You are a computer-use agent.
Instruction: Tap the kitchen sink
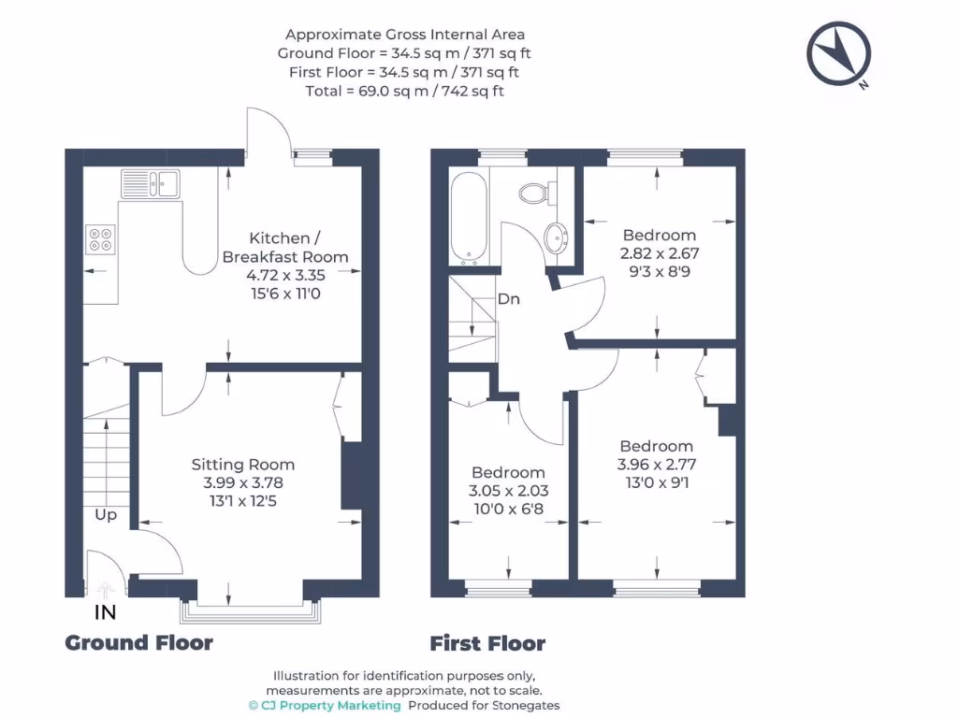click(x=151, y=183)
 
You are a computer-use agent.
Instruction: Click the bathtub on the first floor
click(x=466, y=216)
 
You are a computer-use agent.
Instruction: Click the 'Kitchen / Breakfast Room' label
click(x=285, y=247)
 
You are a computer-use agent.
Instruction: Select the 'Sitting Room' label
click(x=243, y=464)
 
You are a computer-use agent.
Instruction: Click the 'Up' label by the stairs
click(x=106, y=514)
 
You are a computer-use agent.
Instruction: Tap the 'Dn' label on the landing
click(x=509, y=299)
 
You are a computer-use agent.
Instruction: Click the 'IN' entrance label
click(x=106, y=612)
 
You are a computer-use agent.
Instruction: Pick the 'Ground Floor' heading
click(x=138, y=642)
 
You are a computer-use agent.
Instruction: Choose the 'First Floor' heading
click(x=486, y=643)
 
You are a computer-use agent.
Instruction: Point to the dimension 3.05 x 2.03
click(x=509, y=490)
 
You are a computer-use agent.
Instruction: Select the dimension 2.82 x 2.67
click(x=660, y=252)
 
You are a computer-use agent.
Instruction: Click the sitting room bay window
click(x=250, y=610)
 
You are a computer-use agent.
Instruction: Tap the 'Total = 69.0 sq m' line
click(x=404, y=91)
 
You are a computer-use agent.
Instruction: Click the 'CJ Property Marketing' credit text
click(x=331, y=705)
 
